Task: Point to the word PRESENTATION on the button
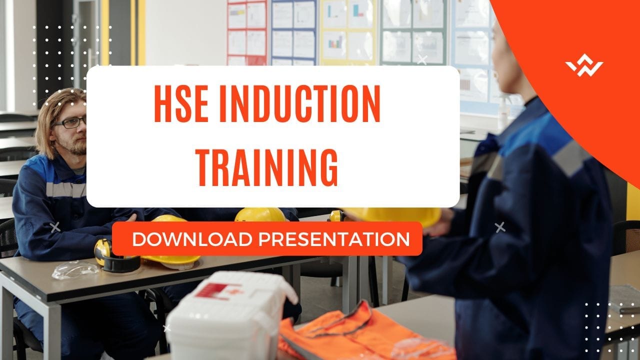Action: pyautogui.click(x=333, y=239)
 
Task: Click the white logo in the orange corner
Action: pyautogui.click(x=584, y=67)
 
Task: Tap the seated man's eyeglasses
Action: pyautogui.click(x=70, y=122)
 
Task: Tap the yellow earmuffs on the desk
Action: pyautogui.click(x=112, y=255)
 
